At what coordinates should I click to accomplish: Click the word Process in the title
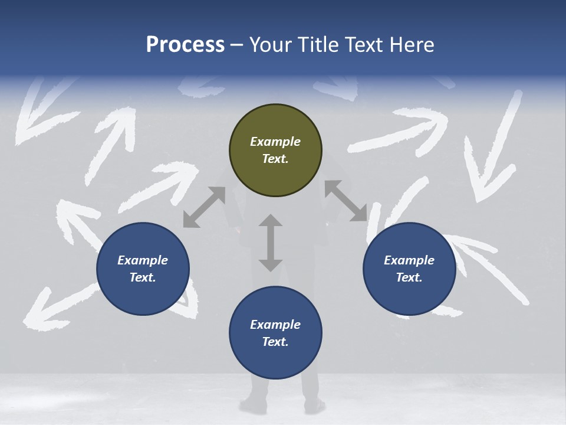pyautogui.click(x=185, y=45)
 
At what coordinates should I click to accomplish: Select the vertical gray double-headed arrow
pyautogui.click(x=271, y=243)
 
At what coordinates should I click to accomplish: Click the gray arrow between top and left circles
pyautogui.click(x=204, y=207)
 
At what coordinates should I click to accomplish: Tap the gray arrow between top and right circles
pyautogui.click(x=345, y=201)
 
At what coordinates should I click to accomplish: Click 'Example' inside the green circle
pyautogui.click(x=275, y=142)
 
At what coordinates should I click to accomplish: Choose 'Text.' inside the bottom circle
pyautogui.click(x=275, y=342)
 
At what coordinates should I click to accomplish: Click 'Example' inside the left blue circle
pyautogui.click(x=143, y=260)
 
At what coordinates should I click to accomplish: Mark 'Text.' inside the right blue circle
pyautogui.click(x=409, y=277)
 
